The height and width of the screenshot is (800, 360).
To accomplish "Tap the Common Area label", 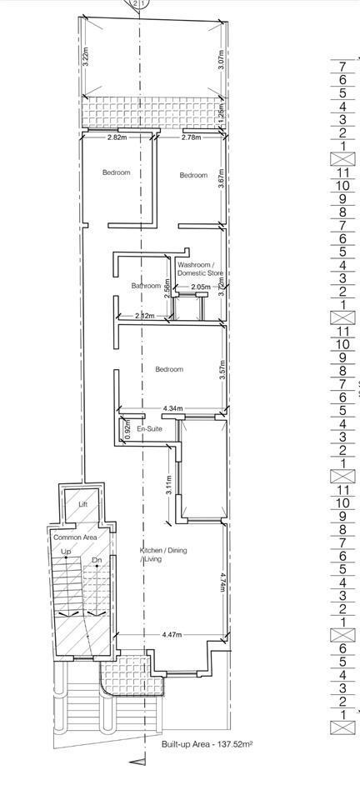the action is point(76,537).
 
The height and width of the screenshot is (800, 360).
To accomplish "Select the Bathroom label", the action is point(147,286).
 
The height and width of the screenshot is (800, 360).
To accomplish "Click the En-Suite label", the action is point(149,429).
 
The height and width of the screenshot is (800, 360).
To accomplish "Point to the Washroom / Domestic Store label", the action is point(200,269).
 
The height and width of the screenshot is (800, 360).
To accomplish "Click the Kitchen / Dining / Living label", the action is point(163,555).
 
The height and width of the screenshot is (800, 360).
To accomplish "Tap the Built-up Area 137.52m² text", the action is point(207,744).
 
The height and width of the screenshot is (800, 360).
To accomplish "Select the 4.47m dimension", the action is point(172,635).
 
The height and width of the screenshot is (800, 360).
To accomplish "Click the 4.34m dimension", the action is point(173,408).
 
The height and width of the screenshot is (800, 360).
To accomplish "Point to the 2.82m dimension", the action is point(117,137).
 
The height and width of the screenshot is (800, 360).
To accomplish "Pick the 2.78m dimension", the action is point(191,137).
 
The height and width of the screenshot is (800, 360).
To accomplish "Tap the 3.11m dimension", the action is point(170,485).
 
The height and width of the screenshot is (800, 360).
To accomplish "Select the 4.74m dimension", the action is point(222,582).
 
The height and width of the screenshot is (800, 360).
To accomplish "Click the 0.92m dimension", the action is point(127,429).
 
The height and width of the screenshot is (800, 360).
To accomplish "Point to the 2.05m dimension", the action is point(200,287).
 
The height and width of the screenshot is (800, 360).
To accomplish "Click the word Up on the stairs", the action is point(66,552).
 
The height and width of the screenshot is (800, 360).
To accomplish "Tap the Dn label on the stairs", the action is point(97,560).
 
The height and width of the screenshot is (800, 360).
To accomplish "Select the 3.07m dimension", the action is point(222,60).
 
